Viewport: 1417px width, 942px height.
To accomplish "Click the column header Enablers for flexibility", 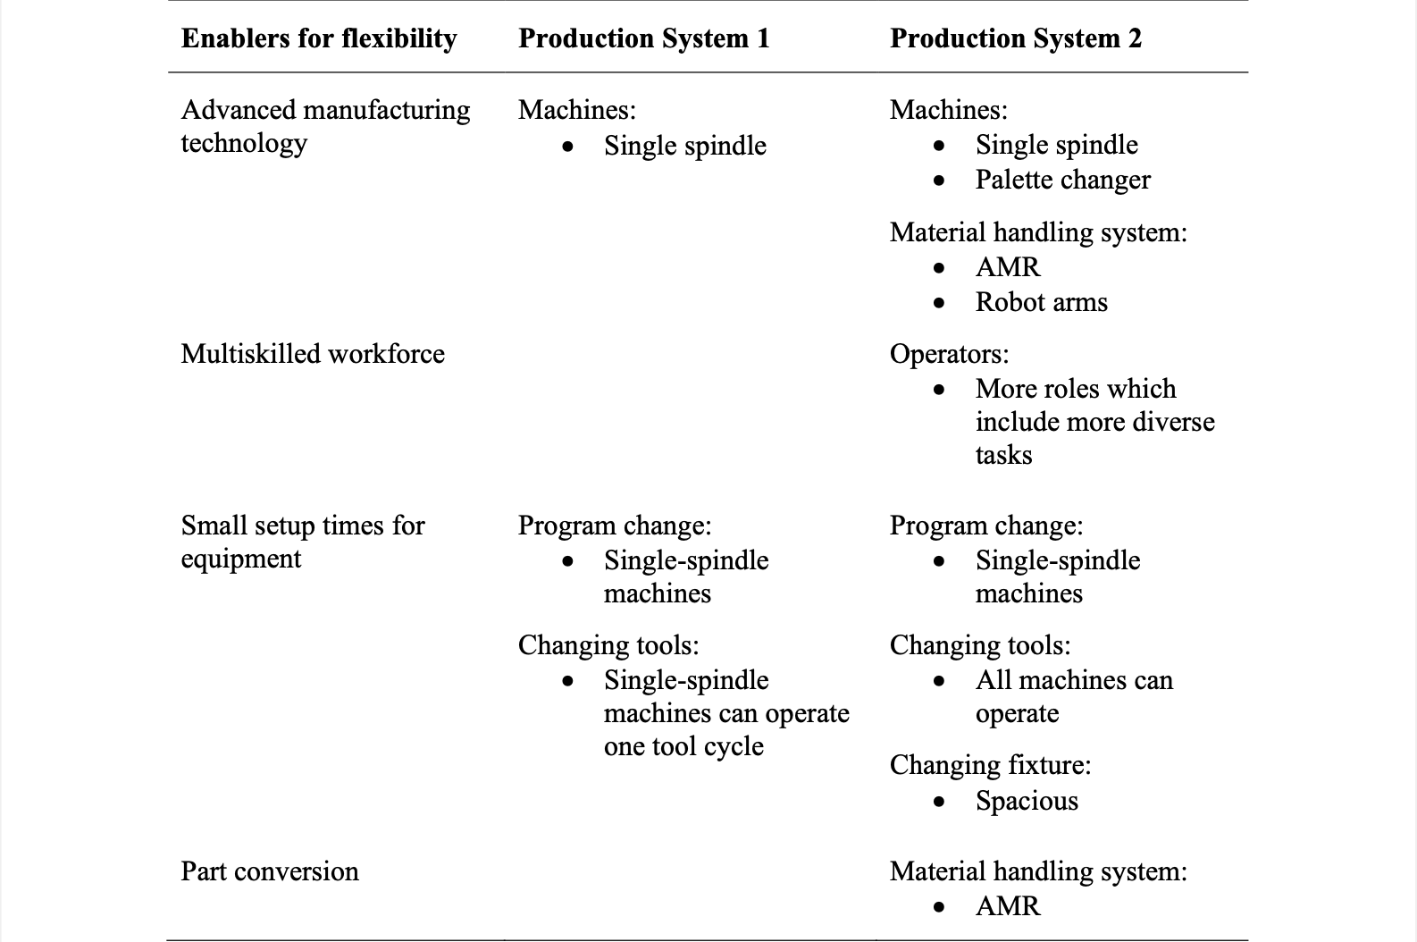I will [318, 38].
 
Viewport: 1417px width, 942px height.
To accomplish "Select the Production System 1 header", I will [643, 38].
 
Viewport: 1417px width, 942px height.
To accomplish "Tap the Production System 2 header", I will [1015, 38].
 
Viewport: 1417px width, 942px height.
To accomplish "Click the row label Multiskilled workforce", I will [313, 354].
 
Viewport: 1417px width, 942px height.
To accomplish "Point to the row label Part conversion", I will [270, 871].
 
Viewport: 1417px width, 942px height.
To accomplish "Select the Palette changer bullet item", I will [1062, 180].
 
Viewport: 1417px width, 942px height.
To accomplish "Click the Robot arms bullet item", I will [1041, 302].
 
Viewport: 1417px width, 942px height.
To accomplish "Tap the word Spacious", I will [1027, 801].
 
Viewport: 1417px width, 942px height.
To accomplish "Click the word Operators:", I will [949, 354].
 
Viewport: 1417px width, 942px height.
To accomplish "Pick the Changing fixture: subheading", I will [990, 765].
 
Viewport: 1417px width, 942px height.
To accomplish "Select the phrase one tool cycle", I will [683, 746].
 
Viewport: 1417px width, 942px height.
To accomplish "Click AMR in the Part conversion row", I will [1008, 906].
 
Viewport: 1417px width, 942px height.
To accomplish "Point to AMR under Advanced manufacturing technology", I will [1008, 267].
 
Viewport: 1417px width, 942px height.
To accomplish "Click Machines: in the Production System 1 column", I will [577, 110].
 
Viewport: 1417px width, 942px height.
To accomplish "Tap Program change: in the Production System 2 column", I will [985, 526].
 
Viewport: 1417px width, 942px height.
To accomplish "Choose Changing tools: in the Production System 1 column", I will [608, 645].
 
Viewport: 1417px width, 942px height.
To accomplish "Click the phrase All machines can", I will [1074, 680].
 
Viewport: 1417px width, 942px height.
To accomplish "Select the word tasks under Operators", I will [1003, 455].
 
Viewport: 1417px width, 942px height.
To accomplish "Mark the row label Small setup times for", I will [303, 526].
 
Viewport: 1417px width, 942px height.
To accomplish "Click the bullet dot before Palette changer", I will [938, 181].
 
